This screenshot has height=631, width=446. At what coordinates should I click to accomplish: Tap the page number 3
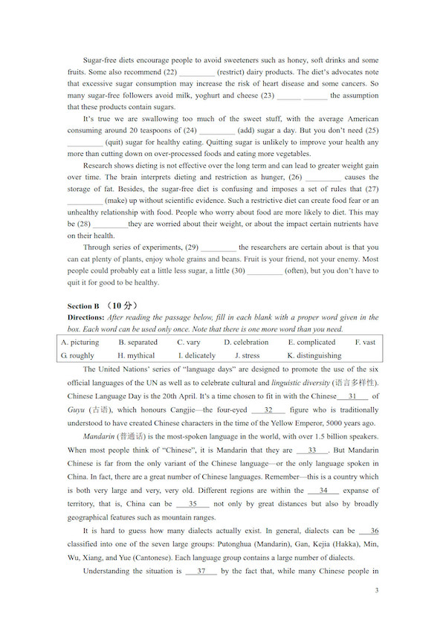[377, 591]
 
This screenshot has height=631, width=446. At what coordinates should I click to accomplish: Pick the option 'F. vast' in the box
[365, 343]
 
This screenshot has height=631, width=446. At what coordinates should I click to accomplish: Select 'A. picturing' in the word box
[80, 343]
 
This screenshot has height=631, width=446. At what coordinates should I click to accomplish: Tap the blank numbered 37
[201, 572]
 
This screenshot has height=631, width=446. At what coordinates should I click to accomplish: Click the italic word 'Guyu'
[76, 410]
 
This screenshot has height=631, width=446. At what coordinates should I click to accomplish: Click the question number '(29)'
[191, 247]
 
